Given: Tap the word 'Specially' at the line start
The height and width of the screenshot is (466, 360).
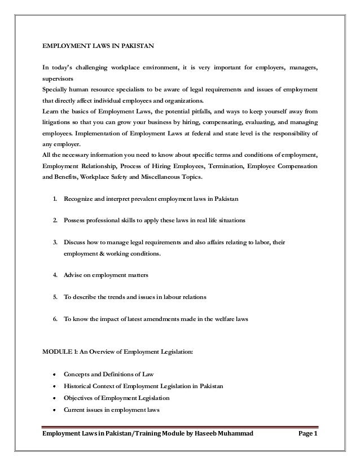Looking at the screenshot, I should [x=55, y=90].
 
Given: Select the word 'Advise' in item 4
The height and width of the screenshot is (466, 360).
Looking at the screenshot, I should [x=73, y=276].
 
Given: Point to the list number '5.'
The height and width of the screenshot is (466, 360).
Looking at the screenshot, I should [x=55, y=296].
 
